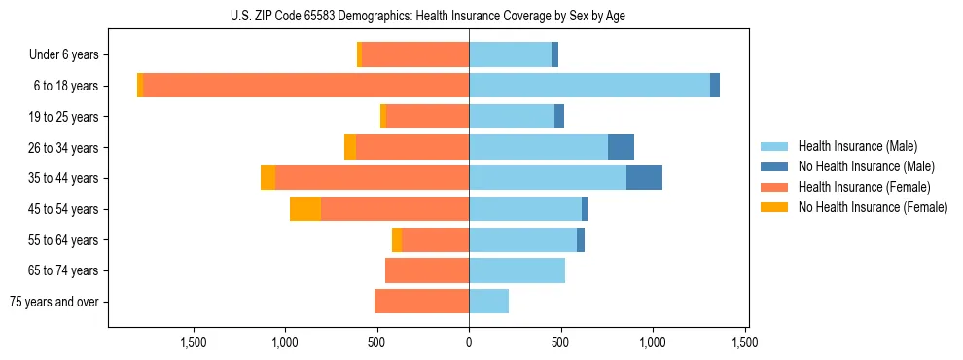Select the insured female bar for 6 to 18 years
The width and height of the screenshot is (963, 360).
[305, 86]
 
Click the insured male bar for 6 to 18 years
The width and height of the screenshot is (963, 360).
[588, 86]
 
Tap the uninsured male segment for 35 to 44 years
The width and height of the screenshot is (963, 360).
[644, 178]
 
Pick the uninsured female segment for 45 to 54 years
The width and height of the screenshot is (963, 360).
[305, 209]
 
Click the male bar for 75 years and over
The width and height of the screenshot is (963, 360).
[488, 302]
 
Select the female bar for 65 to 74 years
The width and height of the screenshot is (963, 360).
[427, 270]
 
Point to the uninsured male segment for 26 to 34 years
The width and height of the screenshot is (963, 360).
[621, 147]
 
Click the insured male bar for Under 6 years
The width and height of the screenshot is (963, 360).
[510, 54]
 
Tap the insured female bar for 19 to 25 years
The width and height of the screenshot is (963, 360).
[427, 117]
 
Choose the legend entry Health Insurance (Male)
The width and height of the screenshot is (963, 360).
[857, 146]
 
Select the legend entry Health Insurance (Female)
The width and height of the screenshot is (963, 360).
[863, 187]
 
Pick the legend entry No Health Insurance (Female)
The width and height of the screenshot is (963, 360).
[873, 207]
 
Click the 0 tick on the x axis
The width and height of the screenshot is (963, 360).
[469, 342]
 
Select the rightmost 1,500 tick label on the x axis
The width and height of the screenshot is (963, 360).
[745, 342]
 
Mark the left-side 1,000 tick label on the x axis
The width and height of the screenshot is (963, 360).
[285, 342]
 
